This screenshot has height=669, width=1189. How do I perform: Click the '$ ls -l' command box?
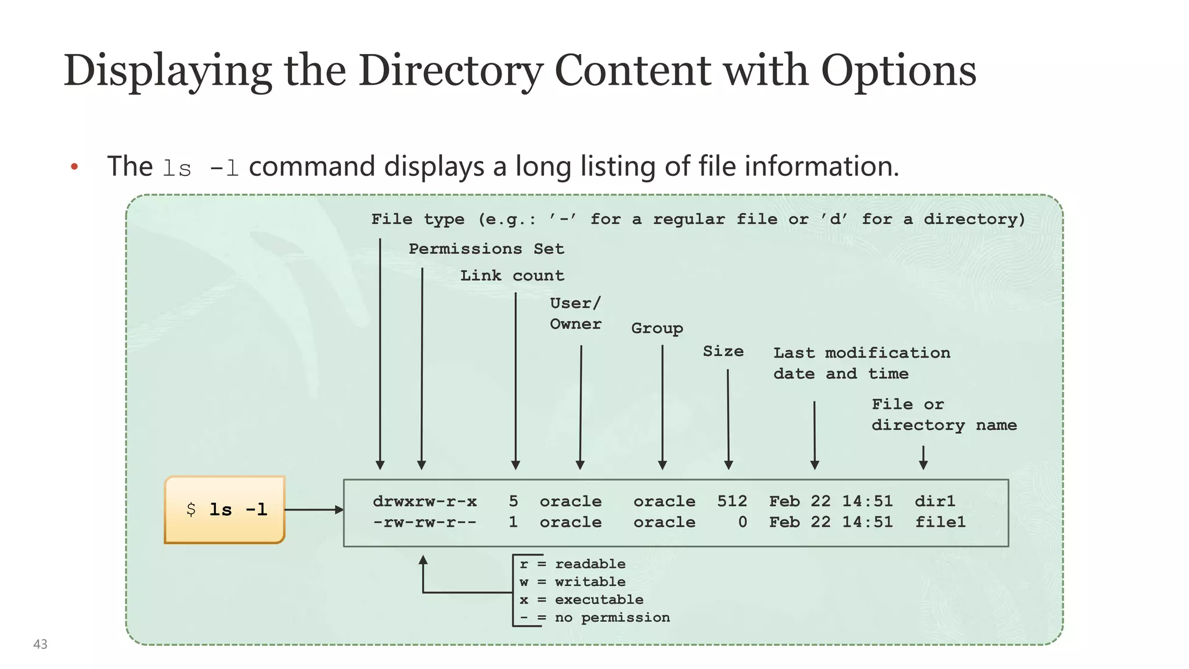225,510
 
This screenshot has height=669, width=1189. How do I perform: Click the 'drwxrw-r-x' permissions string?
424,501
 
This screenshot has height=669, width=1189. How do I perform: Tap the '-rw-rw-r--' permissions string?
424,522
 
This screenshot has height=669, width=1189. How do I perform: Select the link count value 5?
513,501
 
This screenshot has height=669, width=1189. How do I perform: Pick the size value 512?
732,501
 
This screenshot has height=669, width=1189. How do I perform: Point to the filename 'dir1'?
935,501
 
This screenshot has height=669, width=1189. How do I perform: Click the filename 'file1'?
940,522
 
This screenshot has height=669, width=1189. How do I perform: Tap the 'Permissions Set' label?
486,249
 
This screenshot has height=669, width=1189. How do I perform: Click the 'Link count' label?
512,275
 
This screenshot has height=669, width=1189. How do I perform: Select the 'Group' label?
657,328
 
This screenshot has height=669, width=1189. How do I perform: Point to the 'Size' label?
723,351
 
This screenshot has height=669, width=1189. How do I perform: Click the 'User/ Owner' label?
575,314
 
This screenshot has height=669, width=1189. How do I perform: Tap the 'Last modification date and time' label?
861,363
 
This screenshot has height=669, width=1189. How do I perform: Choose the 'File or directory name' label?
943,415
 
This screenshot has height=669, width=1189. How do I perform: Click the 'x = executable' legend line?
581,599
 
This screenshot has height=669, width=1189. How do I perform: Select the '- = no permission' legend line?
594,617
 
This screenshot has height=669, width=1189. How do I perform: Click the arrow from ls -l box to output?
314,510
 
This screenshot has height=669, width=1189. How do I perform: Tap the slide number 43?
40,644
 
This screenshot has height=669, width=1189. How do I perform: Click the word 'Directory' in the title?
451,71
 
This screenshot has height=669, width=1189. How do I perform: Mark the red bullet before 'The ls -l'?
74,167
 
